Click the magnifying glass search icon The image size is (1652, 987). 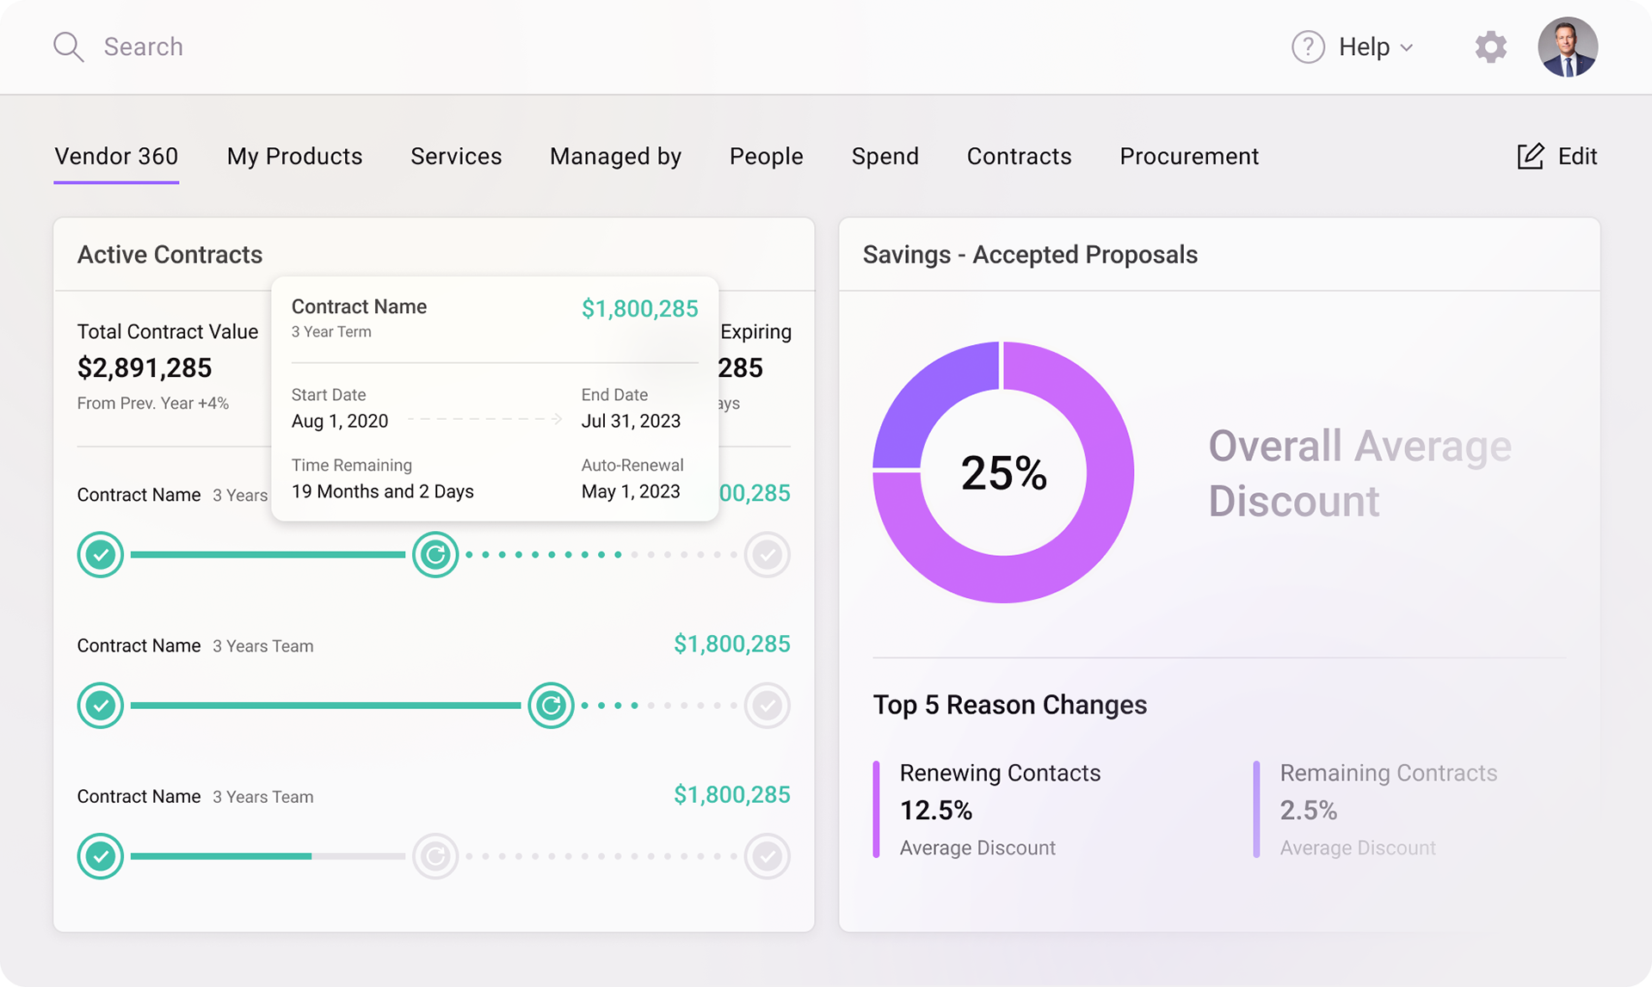(68, 47)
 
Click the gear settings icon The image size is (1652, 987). (1490, 47)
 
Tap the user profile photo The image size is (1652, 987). (1567, 47)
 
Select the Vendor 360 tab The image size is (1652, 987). (116, 157)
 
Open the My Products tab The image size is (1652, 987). (294, 157)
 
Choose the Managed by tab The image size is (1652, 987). (615, 157)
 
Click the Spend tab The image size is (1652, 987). (885, 157)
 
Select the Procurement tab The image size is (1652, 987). (1188, 157)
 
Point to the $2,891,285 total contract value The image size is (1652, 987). (145, 368)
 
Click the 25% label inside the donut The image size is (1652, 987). (1003, 473)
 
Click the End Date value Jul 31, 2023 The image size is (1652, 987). (631, 422)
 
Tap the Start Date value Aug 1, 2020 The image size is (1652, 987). (340, 422)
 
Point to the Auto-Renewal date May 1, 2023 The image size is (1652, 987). (631, 492)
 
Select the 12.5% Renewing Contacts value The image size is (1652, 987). (936, 811)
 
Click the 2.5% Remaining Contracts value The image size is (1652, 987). (1308, 811)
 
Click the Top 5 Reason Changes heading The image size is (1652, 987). (1009, 706)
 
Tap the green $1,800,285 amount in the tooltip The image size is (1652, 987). (639, 309)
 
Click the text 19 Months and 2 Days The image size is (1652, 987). (382, 492)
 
